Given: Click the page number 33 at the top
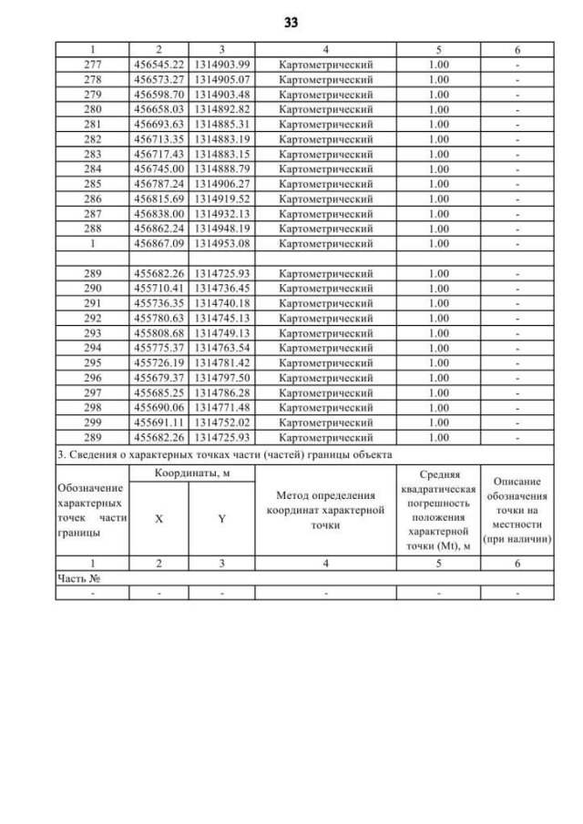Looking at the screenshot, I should point(291,21).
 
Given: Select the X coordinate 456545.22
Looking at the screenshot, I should point(159,65).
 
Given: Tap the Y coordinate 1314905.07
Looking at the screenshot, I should point(221,79).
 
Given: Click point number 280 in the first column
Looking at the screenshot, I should point(92,109).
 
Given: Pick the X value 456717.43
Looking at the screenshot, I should point(159,154).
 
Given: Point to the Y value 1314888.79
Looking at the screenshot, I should point(221,168).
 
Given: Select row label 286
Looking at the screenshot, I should point(92,198).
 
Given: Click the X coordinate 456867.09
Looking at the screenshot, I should point(159,243).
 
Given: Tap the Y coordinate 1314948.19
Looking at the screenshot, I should point(221,229).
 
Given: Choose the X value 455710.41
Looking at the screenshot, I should point(159,288).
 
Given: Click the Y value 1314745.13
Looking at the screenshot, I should point(221,318).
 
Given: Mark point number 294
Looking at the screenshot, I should point(92,348).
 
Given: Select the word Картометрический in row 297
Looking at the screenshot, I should point(325,392).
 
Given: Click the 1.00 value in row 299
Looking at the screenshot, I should point(438,422).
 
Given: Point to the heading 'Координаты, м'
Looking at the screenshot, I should point(190,473).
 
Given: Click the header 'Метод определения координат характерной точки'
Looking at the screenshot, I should point(325,510).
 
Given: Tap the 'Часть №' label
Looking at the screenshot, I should point(77,578).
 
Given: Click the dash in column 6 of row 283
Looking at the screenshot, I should point(517,154).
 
